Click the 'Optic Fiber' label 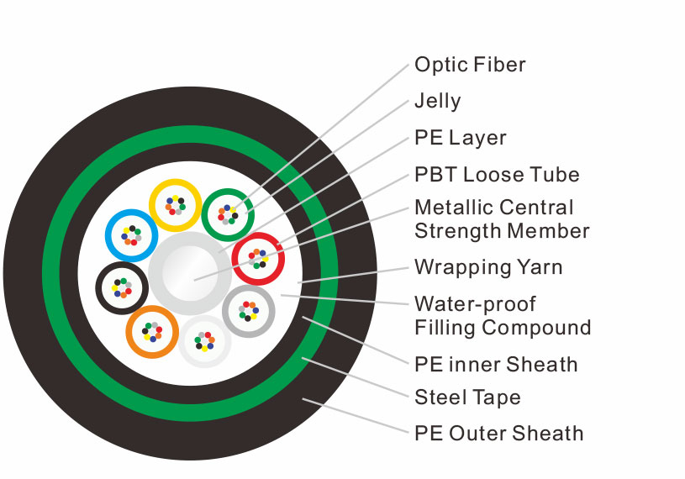[x=470, y=65]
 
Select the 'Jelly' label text [x=438, y=102]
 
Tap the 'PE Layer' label [x=461, y=138]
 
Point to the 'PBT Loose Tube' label [x=497, y=175]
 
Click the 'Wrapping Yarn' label [x=488, y=267]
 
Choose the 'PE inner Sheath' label [x=496, y=365]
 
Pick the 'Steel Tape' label [x=467, y=397]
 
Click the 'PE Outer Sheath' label [x=499, y=434]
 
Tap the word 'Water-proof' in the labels [x=476, y=304]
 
